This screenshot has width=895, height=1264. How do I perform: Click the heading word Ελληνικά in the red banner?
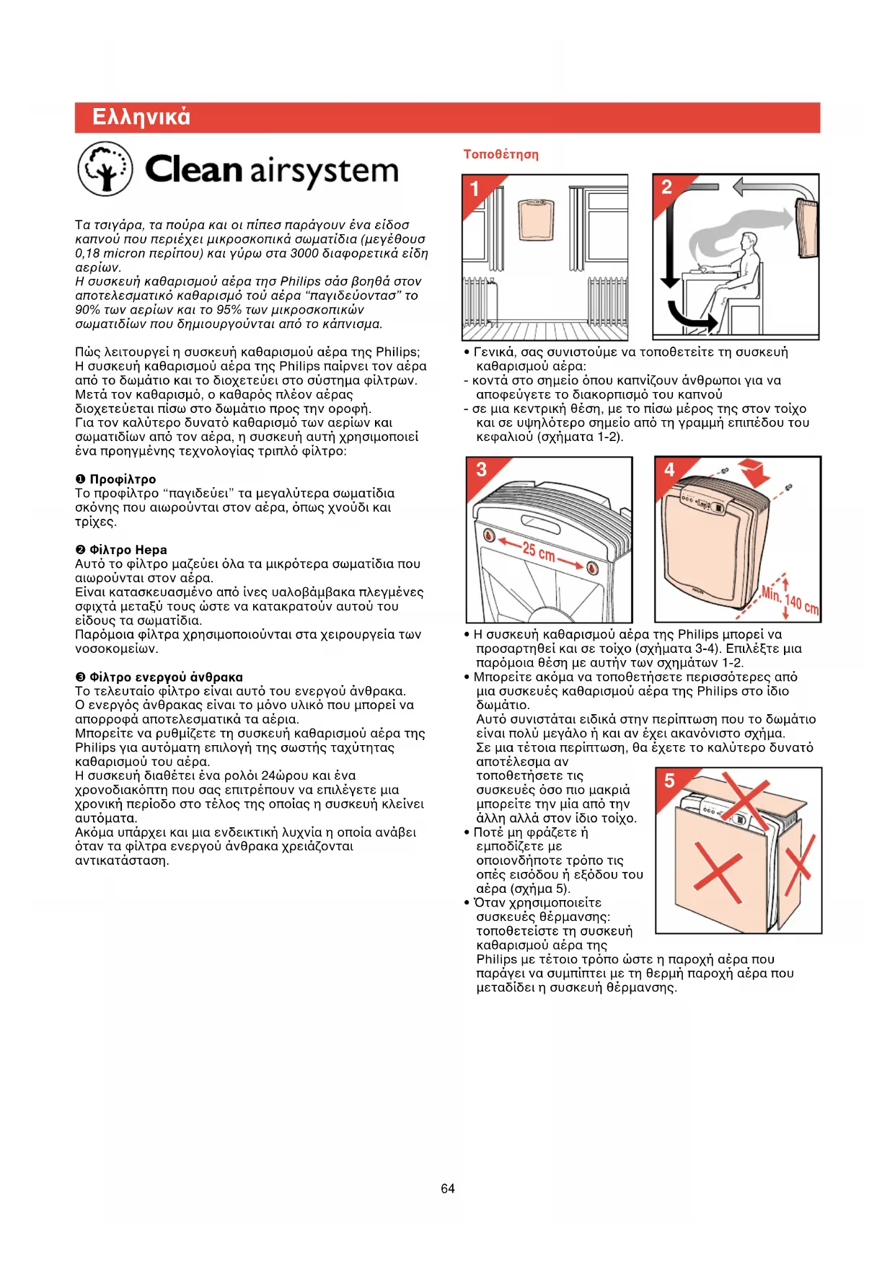[141, 117]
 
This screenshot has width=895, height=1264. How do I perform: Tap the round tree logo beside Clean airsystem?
[105, 169]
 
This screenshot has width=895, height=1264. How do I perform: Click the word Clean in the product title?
[193, 170]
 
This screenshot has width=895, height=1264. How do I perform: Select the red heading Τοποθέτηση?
[501, 154]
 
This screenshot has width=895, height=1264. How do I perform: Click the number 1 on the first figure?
[475, 189]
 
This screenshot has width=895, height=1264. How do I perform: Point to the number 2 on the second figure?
[666, 187]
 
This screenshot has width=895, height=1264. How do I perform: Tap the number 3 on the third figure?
[481, 470]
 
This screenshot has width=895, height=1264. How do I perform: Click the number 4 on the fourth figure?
[669, 470]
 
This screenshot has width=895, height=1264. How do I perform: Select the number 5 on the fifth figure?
[670, 780]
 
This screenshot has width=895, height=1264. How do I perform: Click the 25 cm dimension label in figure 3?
[538, 552]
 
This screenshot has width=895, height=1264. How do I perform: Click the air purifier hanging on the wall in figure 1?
[537, 221]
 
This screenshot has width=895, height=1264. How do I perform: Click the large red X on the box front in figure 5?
[718, 876]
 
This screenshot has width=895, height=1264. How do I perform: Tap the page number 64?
[448, 1188]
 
